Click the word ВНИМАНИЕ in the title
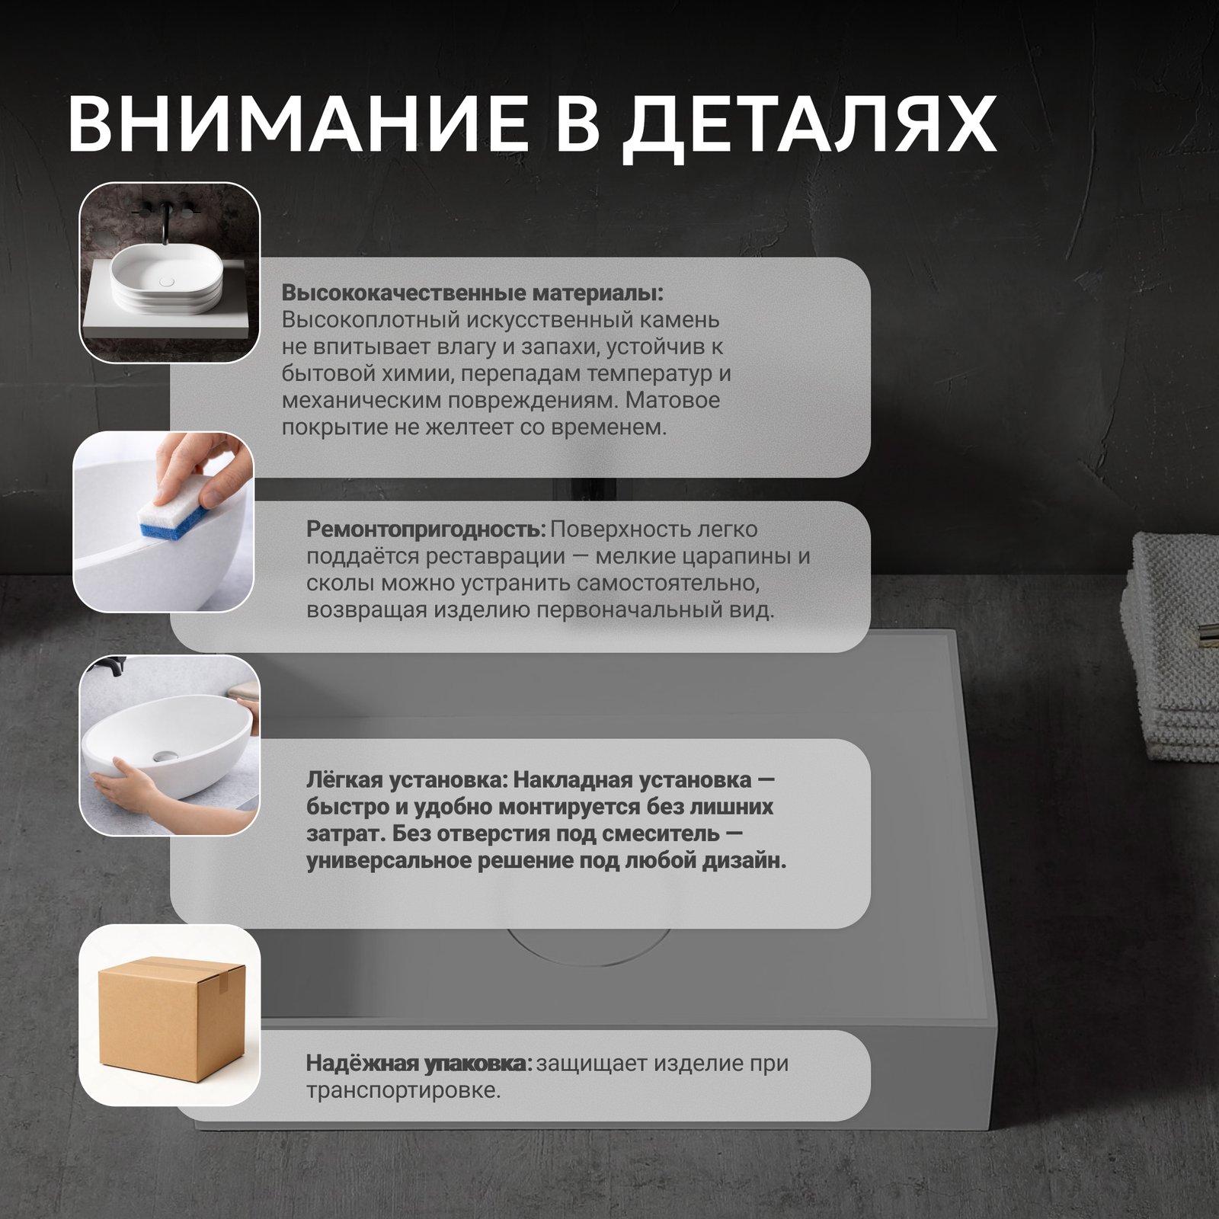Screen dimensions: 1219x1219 298,123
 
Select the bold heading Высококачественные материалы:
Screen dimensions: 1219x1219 472,293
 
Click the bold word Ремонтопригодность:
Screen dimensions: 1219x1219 426,530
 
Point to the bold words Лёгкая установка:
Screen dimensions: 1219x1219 407,781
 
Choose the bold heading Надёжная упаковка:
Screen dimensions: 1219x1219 419,1064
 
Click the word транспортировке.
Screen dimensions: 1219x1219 403,1091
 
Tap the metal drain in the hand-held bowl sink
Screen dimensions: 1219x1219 162,755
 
